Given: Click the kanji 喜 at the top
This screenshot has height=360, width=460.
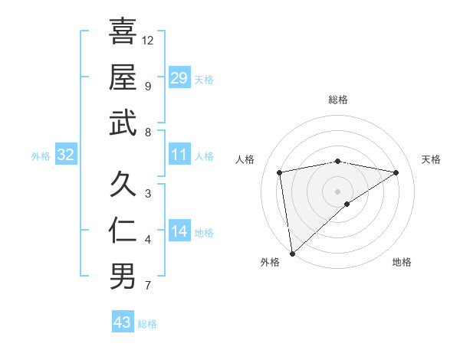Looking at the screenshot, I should click(x=123, y=31).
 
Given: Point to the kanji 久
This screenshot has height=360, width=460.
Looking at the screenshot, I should click(x=123, y=185).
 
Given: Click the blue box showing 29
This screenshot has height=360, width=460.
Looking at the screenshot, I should click(x=179, y=78).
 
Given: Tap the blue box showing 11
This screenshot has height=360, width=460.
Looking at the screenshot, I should click(x=179, y=155).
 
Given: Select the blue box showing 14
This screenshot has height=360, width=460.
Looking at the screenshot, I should click(x=179, y=231).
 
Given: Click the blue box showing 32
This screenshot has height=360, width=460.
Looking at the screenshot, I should click(x=66, y=155).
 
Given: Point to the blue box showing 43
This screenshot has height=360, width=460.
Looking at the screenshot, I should click(x=123, y=322).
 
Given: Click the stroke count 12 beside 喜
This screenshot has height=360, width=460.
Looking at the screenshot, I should click(x=148, y=40).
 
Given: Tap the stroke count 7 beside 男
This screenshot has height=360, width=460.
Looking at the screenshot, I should click(x=148, y=286).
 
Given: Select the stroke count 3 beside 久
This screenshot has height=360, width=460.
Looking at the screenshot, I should click(x=148, y=193).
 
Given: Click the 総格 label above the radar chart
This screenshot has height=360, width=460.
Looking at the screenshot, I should click(x=337, y=100).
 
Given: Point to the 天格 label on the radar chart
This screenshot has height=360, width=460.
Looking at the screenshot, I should click(x=432, y=159).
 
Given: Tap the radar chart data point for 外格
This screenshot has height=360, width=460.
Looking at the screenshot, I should click(x=292, y=253).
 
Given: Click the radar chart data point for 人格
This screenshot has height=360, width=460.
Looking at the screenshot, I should click(x=280, y=172).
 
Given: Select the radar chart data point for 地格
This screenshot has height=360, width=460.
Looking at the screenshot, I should click(x=347, y=204).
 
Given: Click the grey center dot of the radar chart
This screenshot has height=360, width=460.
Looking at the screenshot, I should click(x=337, y=191).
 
